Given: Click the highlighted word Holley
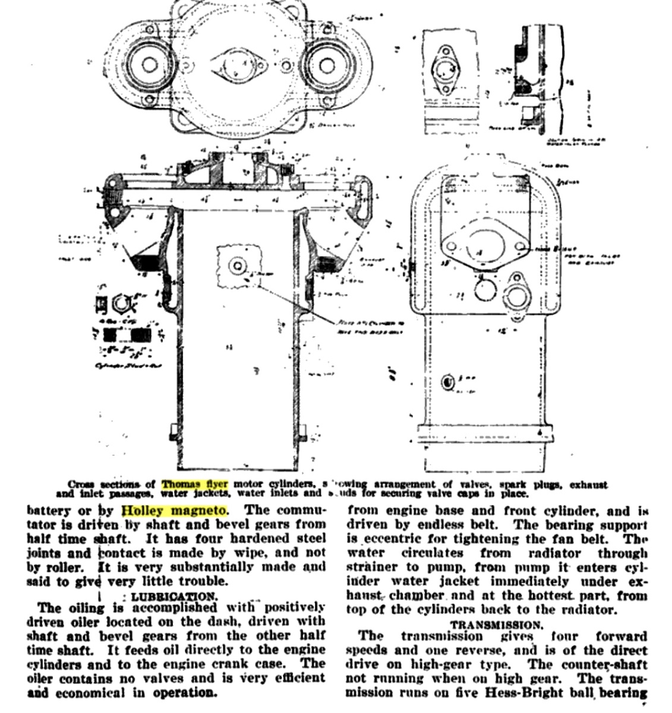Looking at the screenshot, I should [144, 510].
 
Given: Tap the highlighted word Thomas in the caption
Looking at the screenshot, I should [181, 484].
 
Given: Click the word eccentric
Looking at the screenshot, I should [393, 539].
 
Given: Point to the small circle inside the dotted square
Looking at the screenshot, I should [239, 265].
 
